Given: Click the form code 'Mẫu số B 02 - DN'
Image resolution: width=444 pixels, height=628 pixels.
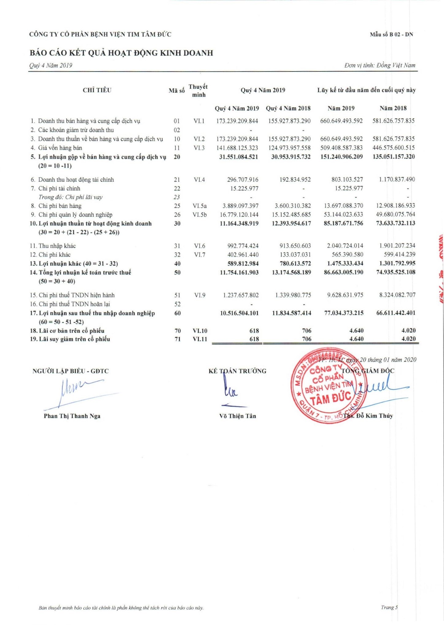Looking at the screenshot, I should (x=391, y=35).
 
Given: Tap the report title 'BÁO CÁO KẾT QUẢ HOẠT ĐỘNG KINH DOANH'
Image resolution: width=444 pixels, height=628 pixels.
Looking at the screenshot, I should (x=121, y=53).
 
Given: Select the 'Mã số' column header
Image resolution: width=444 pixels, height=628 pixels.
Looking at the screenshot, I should (x=176, y=90).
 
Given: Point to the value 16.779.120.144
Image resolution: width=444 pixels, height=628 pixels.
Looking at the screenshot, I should (x=239, y=215).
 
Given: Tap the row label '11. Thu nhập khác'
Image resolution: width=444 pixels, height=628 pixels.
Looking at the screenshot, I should (x=57, y=246).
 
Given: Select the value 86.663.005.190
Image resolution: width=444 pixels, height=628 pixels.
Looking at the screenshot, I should (x=343, y=272).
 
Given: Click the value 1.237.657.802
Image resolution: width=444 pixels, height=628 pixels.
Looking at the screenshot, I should (x=241, y=295).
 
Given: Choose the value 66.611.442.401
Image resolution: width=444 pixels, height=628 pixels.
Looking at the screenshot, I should (x=396, y=313).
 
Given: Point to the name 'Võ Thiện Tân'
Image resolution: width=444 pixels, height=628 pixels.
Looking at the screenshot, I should (x=237, y=416).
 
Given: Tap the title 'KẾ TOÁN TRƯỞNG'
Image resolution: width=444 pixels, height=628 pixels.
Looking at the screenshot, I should (x=237, y=371).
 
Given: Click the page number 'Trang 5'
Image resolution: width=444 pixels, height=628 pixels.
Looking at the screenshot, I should (x=389, y=607).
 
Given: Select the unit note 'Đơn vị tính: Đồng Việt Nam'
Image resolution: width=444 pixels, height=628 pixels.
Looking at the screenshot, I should (x=380, y=65).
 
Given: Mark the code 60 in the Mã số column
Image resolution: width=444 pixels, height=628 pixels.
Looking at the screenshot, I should (x=177, y=313).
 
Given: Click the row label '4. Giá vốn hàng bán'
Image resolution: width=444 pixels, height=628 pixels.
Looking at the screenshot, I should (x=60, y=148).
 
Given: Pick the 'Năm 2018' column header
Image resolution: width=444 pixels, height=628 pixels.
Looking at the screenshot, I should (x=393, y=108).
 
